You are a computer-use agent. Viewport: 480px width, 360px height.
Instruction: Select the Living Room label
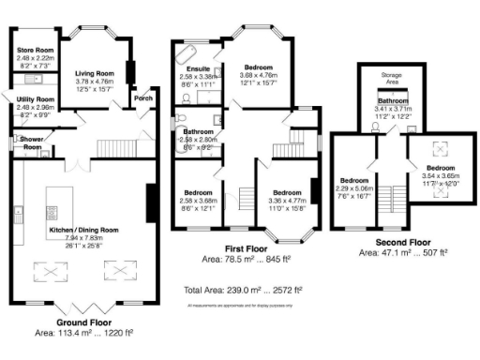tap(94, 72)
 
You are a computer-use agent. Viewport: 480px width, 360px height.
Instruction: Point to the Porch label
tap(143, 97)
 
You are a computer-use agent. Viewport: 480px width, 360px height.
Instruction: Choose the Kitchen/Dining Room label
tap(84, 229)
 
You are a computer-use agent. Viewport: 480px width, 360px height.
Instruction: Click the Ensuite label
tap(198, 68)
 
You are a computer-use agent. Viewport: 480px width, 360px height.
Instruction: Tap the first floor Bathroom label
tap(199, 132)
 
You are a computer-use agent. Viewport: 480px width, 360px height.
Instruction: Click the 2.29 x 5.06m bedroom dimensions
tap(355, 187)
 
